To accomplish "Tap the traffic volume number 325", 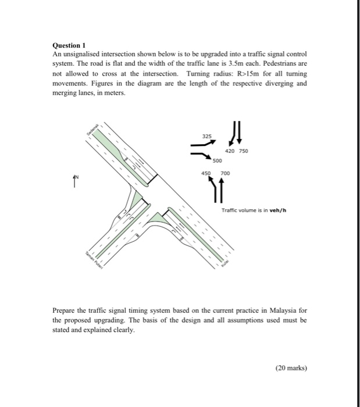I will [207, 137].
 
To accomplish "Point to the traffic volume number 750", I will [243, 151].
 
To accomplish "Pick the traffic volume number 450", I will [205, 173].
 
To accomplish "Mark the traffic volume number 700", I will [225, 173].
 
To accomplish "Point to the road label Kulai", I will [226, 263].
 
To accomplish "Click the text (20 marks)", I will [291, 367].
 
